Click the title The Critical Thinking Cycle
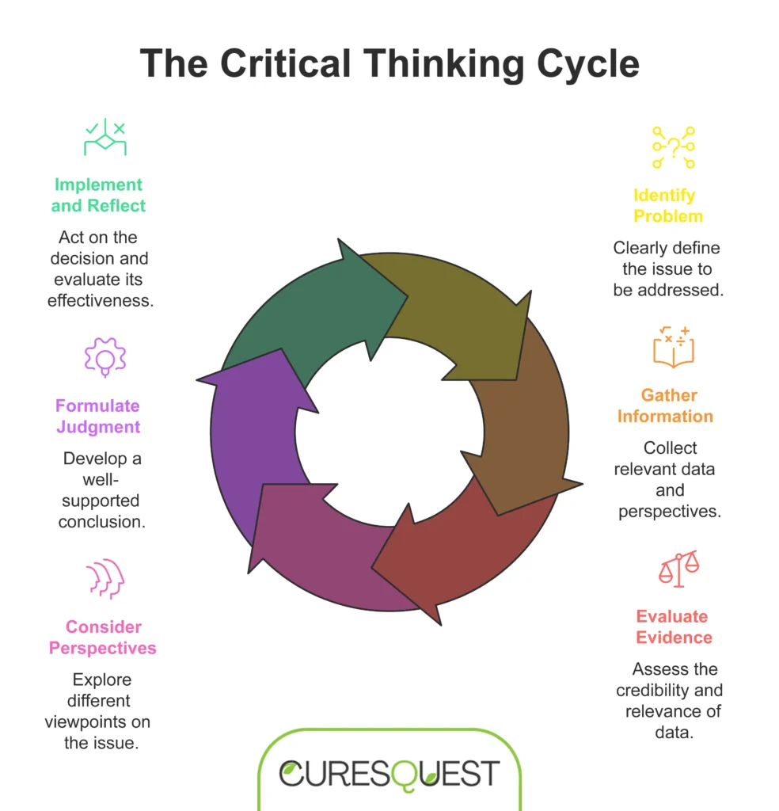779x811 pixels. pos(389,63)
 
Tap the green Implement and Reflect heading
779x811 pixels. pos(99,196)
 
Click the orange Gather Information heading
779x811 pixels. pos(665,405)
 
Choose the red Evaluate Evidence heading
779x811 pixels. pos(674,626)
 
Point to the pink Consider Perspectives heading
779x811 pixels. pos(103,638)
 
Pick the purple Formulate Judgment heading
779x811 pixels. pos(98,417)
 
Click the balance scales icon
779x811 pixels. pos(678,568)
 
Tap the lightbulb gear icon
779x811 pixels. pos(105,357)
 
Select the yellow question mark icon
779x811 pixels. pos(673,147)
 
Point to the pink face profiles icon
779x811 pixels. pos(105,579)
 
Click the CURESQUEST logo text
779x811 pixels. pos(389,773)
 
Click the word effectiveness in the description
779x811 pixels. pos(100,300)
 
